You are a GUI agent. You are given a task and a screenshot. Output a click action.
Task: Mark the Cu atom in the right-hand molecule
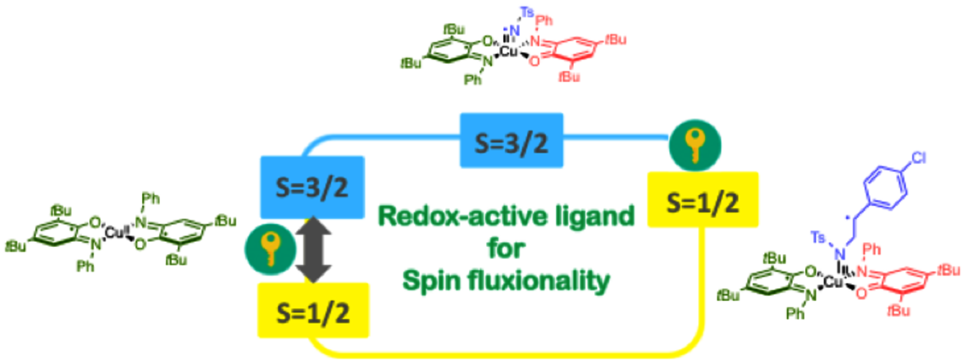840,282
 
